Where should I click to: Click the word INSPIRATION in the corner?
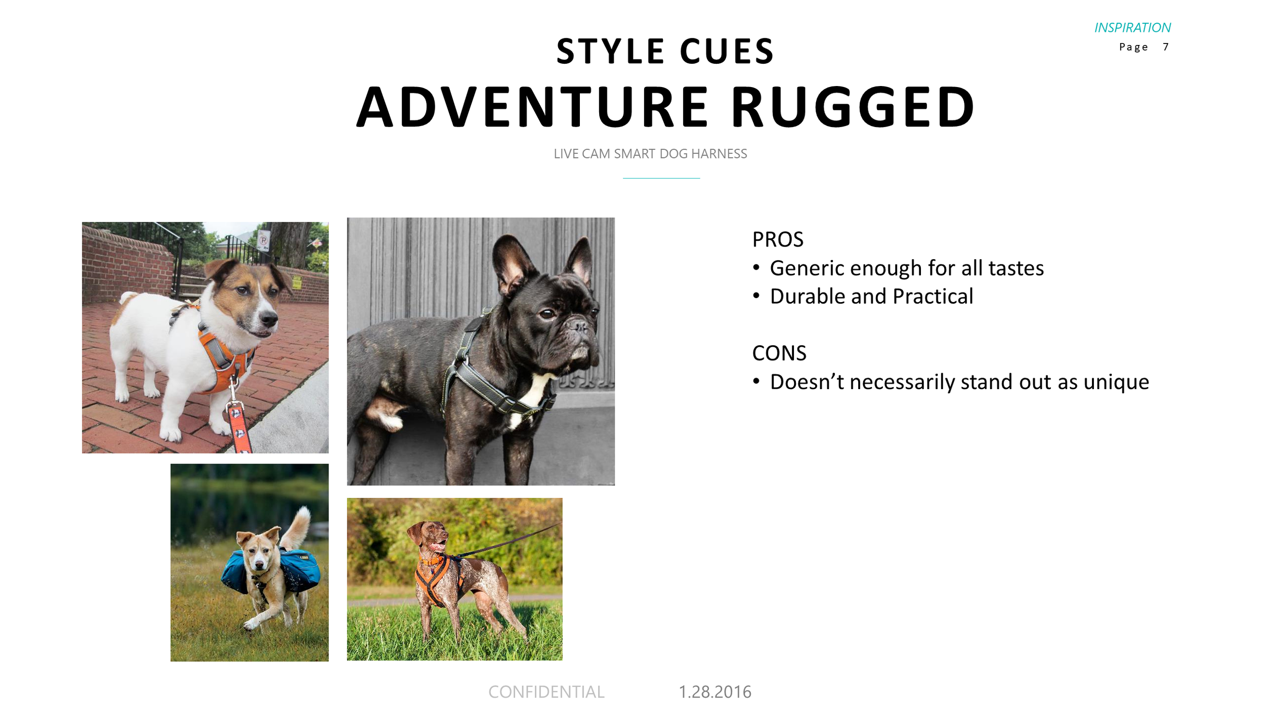tap(1132, 27)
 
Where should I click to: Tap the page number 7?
tap(1165, 47)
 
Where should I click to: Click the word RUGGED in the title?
tap(853, 107)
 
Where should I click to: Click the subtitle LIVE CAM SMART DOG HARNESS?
tap(650, 154)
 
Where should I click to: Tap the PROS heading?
tap(778, 240)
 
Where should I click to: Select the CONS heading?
tap(779, 353)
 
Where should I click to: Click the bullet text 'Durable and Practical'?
tap(871, 297)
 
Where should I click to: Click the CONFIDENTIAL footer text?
tap(546, 692)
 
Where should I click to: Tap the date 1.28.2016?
tap(714, 692)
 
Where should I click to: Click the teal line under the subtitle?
tap(661, 178)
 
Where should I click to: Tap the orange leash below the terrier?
tap(239, 425)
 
